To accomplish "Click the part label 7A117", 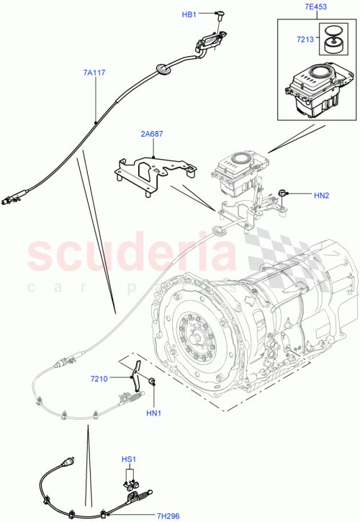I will point(95,72).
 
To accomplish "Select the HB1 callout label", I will point(188,13).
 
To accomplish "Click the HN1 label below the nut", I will point(153,413).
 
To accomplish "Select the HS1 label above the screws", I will point(130,458).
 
